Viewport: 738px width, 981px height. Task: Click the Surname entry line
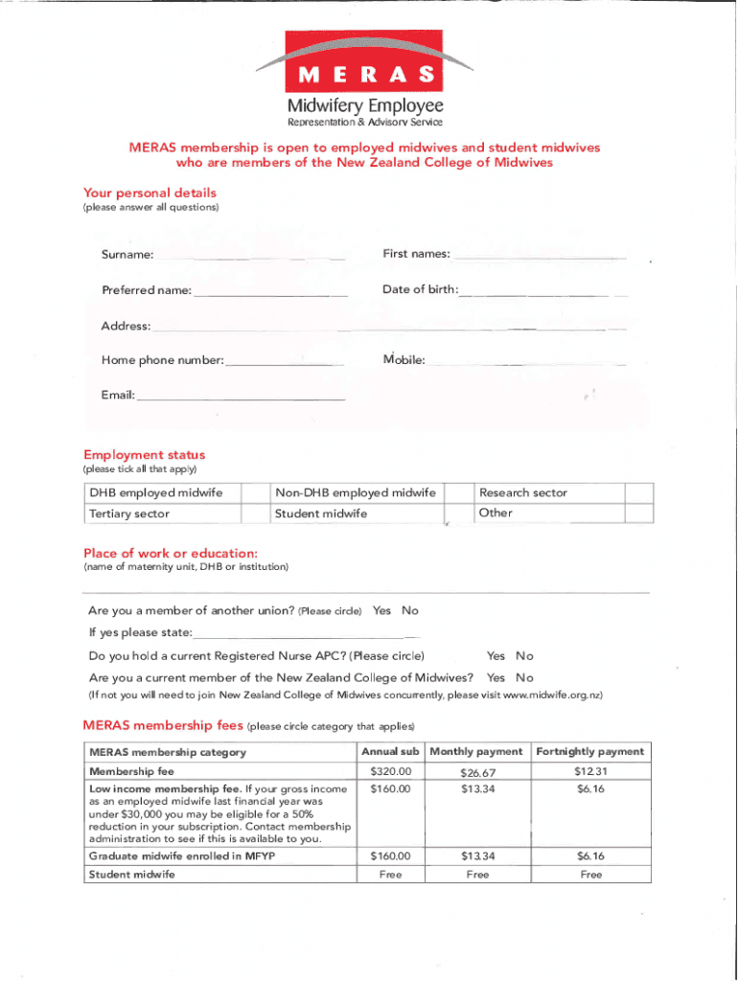(251, 257)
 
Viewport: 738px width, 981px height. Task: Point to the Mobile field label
(404, 360)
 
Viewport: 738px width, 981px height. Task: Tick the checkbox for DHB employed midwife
(253, 492)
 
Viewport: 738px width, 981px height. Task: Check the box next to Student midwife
(459, 514)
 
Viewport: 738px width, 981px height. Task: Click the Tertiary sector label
(129, 514)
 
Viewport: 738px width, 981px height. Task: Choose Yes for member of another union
(381, 611)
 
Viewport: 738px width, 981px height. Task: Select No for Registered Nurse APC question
(524, 656)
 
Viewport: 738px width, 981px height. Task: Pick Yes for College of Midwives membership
(496, 678)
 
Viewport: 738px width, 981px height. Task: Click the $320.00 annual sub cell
(390, 771)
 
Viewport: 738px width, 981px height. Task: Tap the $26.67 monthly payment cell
(476, 772)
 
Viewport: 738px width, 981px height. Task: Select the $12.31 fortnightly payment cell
(590, 771)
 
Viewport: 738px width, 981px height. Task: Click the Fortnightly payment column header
(590, 752)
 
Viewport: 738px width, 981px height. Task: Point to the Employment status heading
(144, 455)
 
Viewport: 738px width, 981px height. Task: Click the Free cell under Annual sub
(390, 875)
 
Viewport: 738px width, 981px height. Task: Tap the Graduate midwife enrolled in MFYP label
(181, 856)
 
